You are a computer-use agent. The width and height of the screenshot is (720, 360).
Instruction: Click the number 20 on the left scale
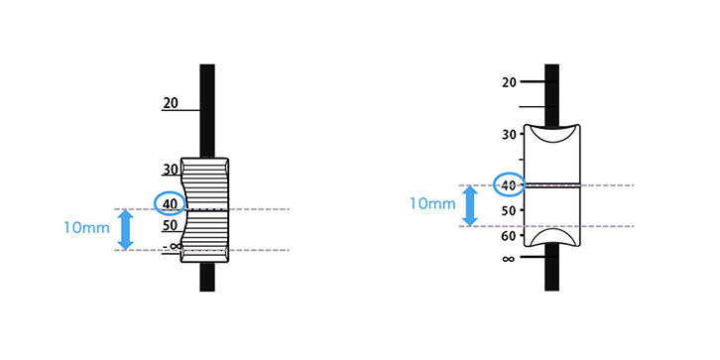[171, 103]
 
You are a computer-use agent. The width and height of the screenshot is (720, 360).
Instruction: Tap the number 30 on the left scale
[171, 170]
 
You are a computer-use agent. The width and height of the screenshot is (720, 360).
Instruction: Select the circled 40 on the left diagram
[170, 202]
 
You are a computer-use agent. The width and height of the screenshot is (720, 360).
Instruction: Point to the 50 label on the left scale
[171, 225]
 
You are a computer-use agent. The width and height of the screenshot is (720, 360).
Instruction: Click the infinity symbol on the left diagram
[175, 246]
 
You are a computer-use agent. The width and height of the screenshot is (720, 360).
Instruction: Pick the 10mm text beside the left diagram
[86, 228]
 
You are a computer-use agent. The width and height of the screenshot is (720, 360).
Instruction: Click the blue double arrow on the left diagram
[125, 230]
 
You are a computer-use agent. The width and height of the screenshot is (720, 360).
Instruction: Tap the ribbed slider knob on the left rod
[205, 210]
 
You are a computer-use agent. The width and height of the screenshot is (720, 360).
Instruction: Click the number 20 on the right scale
[509, 82]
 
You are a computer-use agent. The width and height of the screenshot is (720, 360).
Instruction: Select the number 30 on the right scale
[509, 134]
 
